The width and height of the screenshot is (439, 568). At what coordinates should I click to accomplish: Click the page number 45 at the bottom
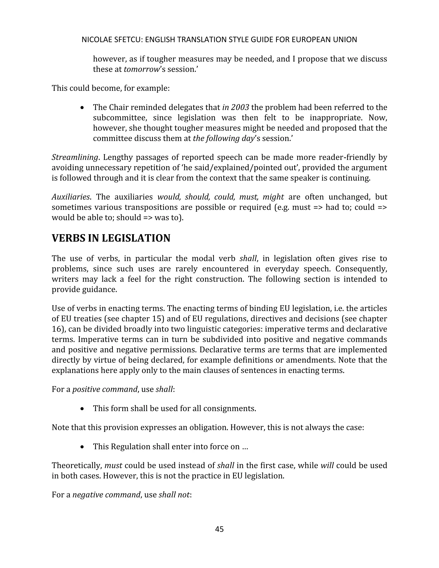coord(219,529)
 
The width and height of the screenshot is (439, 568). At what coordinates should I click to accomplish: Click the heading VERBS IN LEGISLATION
coord(111,238)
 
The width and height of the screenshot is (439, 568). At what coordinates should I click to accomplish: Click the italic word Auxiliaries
coord(71,197)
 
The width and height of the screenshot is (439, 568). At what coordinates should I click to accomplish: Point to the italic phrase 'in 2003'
coord(236,107)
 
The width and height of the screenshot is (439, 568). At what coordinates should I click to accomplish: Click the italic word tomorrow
coord(141,69)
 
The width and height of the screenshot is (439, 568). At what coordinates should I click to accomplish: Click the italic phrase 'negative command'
coord(106,495)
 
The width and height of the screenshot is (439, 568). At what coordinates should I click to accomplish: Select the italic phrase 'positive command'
coord(105,389)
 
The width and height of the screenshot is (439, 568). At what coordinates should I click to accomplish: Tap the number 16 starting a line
coord(56,329)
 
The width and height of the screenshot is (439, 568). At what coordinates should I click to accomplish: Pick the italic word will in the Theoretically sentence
coord(327,465)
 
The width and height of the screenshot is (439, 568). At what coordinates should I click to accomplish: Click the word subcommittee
coord(120,118)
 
